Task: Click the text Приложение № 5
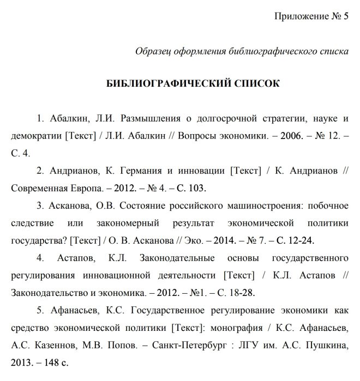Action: coord(310,15)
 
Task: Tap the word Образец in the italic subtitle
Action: coord(153,51)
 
